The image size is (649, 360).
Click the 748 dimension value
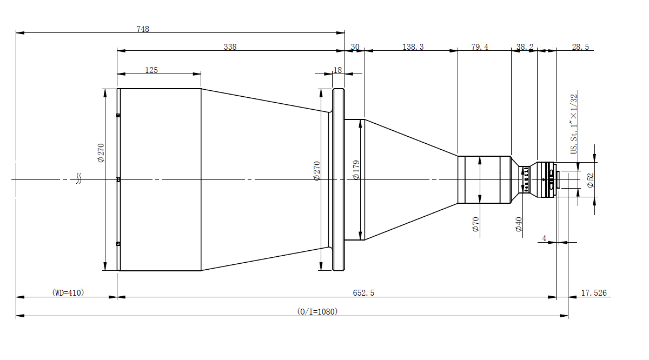point(143,29)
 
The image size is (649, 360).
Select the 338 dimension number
point(230,46)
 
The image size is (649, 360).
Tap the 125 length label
point(151,70)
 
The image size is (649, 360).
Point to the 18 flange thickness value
point(337,70)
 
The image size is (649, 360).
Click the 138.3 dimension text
point(413,46)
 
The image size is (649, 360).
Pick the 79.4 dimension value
point(480,46)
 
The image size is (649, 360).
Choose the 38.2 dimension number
point(525,46)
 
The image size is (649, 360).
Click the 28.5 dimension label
point(580,46)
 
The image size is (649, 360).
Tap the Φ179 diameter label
point(356,170)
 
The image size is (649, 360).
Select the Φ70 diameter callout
point(475,224)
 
